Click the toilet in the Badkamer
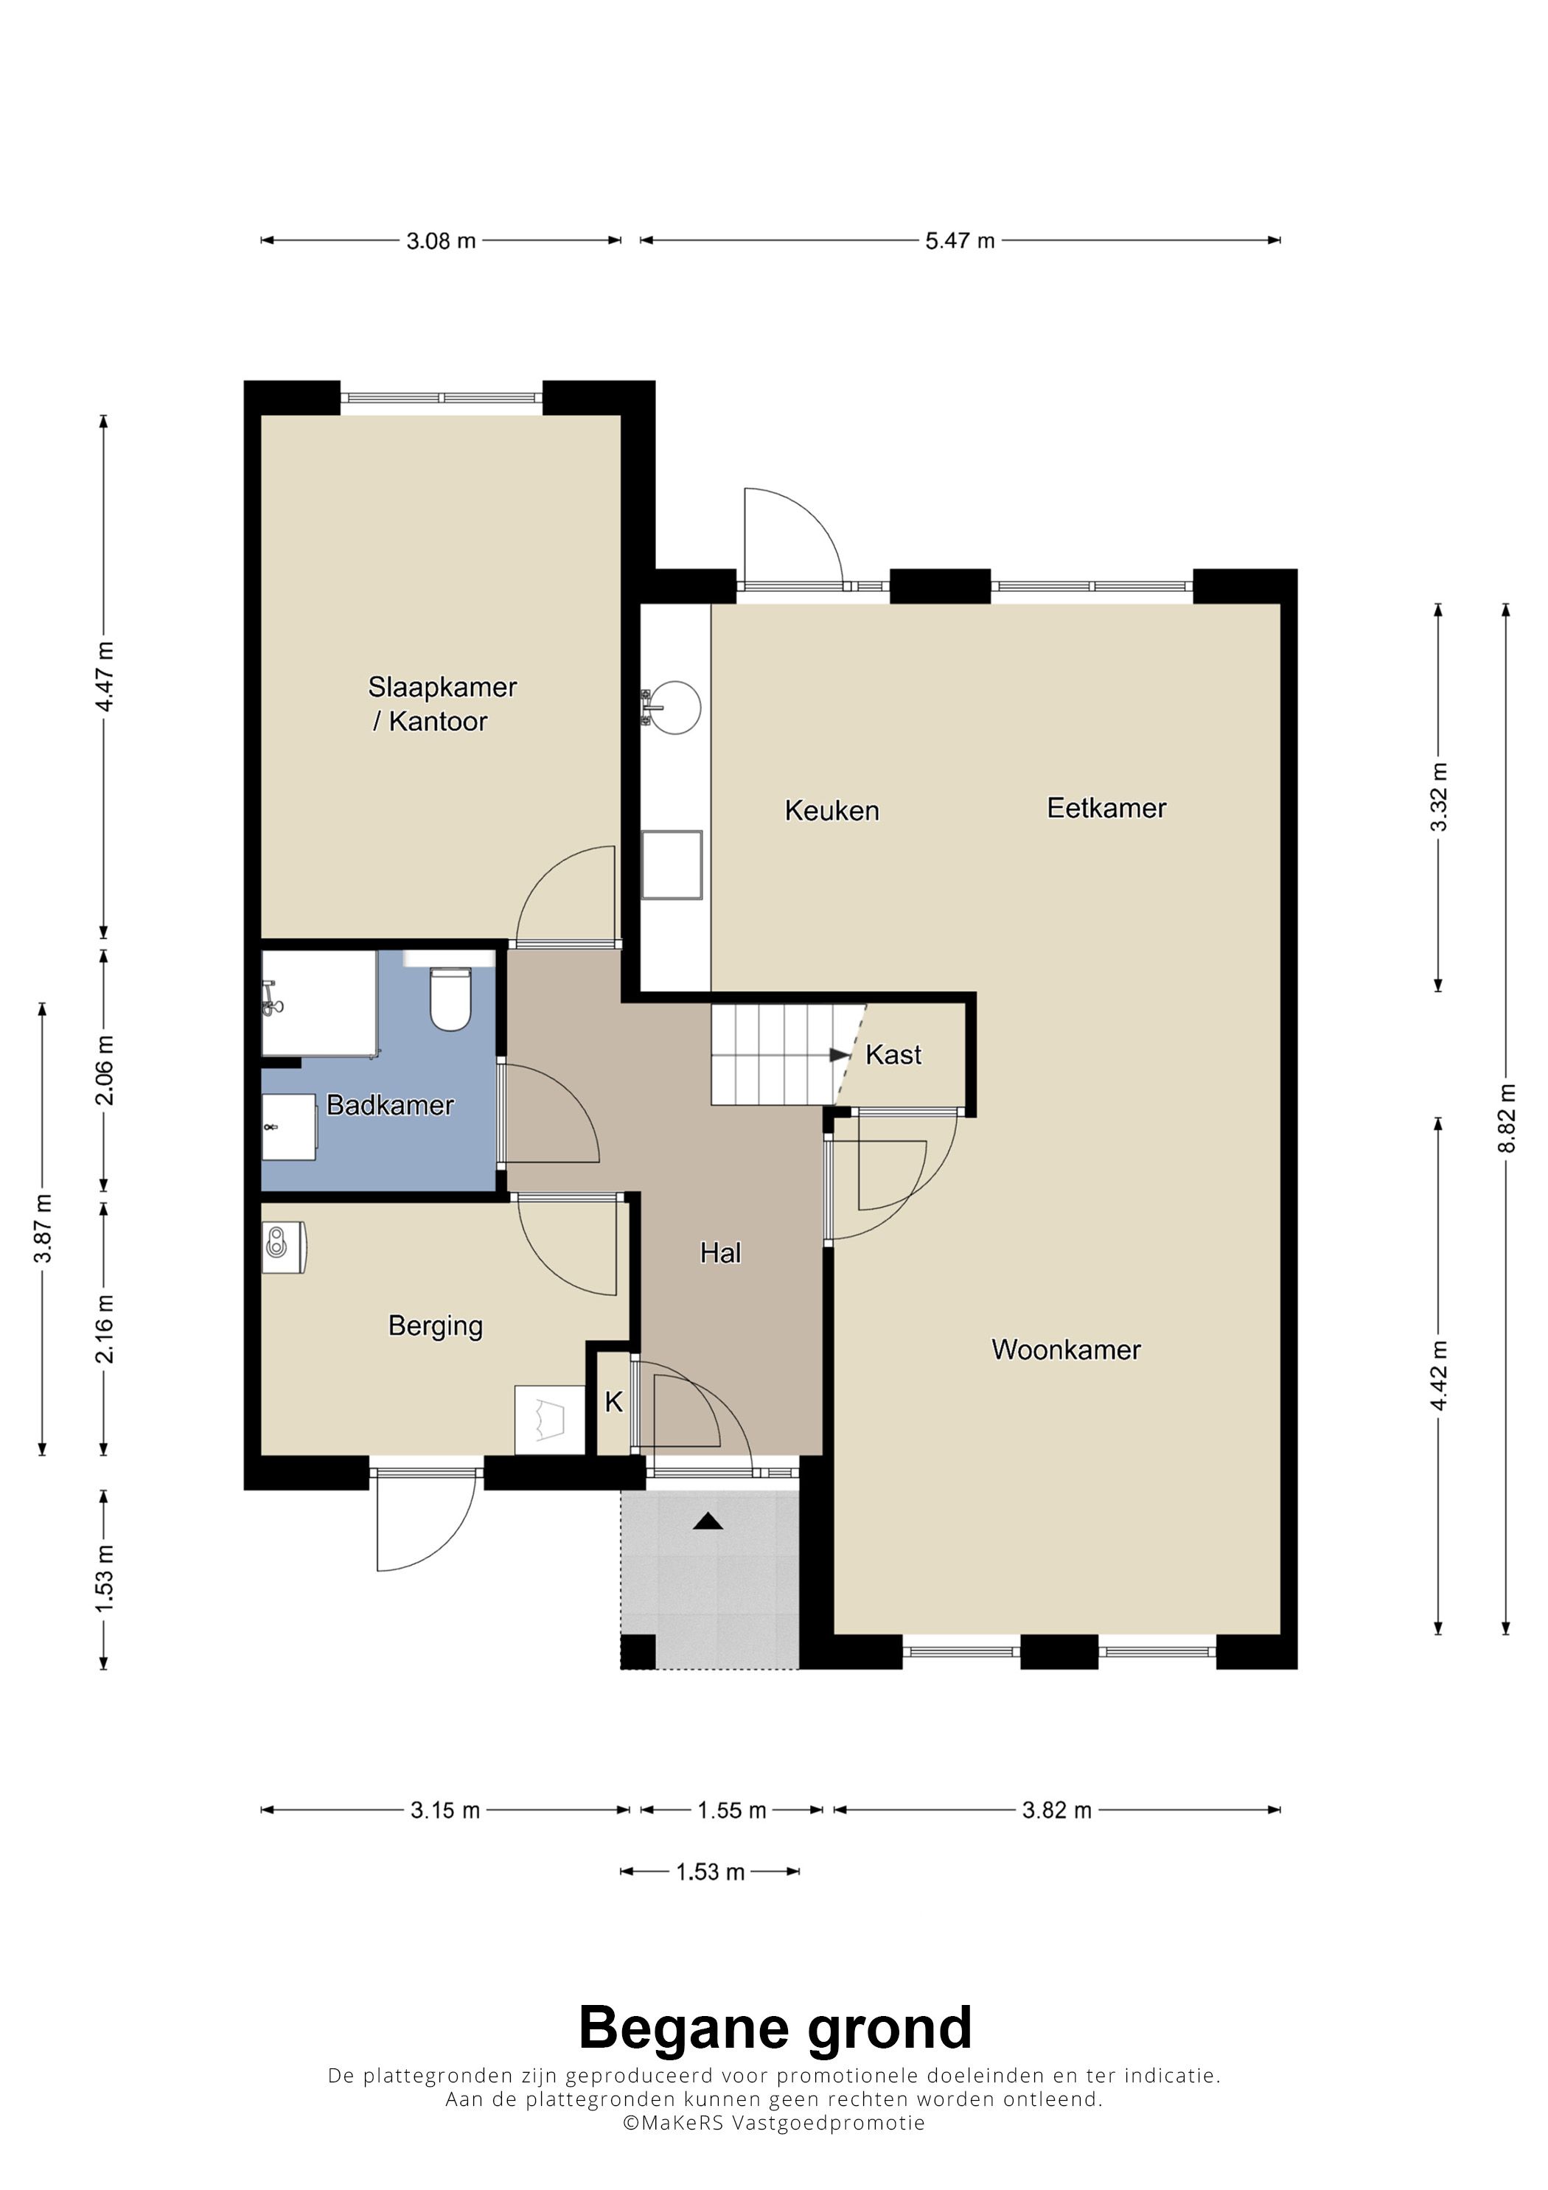(450, 1000)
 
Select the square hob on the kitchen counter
(672, 865)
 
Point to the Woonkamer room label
(1067, 1350)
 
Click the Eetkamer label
(1106, 808)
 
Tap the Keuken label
(831, 811)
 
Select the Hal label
(720, 1252)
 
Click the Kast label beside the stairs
(893, 1055)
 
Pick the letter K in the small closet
(614, 1401)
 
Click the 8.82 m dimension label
(1506, 1118)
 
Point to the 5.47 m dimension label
(960, 240)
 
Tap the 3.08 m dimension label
(441, 240)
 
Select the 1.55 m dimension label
(731, 1810)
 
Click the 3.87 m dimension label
(43, 1229)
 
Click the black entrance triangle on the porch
(708, 1521)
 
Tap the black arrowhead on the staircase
(840, 1055)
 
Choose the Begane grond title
(775, 2028)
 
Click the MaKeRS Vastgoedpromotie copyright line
(773, 2122)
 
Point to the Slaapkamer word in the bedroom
(442, 687)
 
